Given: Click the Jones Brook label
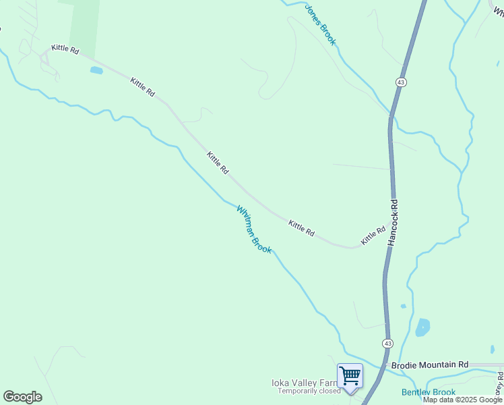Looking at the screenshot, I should click(320, 25).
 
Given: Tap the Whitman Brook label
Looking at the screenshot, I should click(254, 230).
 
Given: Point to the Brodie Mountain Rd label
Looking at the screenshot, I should click(429, 364).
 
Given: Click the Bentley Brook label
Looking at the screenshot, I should click(429, 392).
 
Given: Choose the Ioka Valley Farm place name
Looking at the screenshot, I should click(303, 383).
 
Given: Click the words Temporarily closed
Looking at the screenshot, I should click(309, 391).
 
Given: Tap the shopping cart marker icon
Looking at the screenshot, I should click(350, 375).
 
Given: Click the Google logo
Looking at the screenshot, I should click(22, 397).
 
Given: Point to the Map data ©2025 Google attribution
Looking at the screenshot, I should click(462, 400).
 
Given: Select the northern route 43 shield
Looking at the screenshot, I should click(401, 82).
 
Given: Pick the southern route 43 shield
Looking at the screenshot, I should click(387, 344).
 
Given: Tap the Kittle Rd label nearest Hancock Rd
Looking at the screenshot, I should click(373, 236).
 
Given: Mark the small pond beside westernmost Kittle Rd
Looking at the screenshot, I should click(96, 70).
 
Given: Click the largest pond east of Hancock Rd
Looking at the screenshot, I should click(422, 327).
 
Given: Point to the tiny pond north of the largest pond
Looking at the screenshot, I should click(404, 306).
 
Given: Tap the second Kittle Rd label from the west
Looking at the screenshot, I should click(143, 87).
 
